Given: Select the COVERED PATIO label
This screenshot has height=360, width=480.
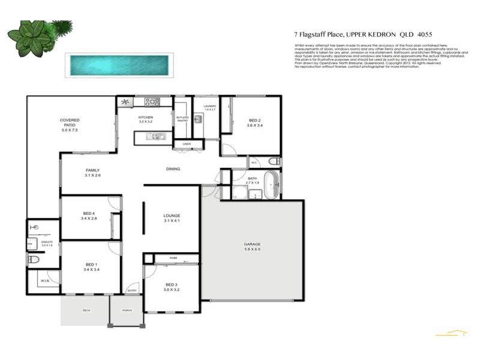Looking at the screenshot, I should (x=69, y=124).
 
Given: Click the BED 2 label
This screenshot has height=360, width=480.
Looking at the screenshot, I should (x=254, y=122).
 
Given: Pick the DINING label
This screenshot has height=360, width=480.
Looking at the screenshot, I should (x=173, y=169).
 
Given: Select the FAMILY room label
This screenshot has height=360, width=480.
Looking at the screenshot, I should (x=92, y=172).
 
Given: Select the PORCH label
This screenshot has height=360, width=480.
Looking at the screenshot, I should (x=127, y=310).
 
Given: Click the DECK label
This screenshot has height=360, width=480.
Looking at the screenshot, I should (x=86, y=310).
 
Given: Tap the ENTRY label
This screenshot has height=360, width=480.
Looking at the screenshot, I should (x=131, y=291).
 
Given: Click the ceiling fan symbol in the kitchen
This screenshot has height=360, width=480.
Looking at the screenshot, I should (x=126, y=102).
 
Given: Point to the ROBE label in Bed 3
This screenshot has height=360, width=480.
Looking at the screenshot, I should (x=173, y=258).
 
